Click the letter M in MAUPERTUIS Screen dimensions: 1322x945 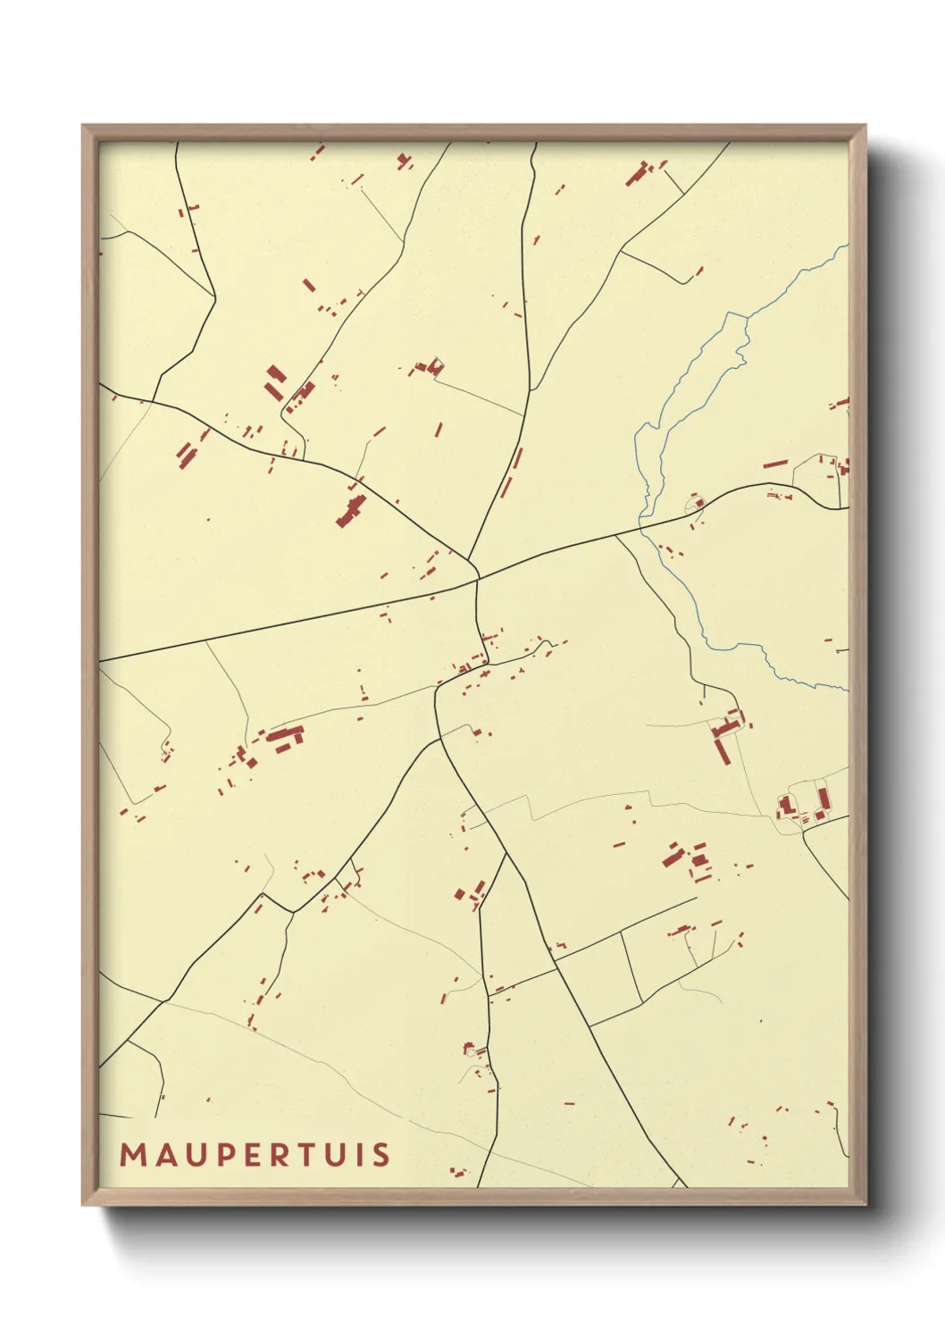133,1154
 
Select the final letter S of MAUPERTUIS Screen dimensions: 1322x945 381,1154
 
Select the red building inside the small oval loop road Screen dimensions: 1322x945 698,503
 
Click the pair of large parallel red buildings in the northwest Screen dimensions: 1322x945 275,381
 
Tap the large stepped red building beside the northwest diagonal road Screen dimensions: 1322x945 351,511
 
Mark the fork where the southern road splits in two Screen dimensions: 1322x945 506,855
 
